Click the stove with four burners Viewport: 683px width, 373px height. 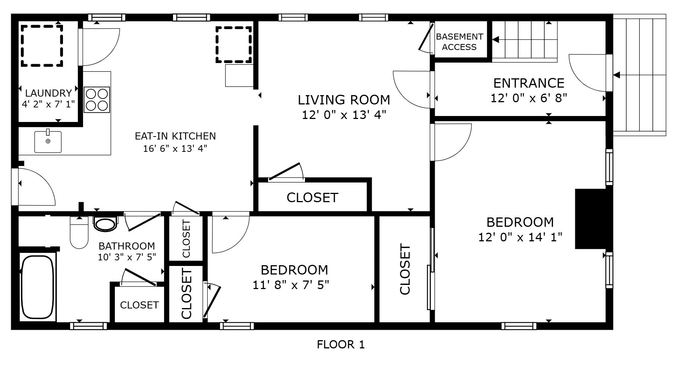click(97, 100)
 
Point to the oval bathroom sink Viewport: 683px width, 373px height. click(105, 224)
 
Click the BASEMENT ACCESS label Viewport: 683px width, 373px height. click(459, 42)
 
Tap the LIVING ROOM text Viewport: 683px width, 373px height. click(344, 100)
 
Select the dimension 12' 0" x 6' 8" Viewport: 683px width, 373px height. click(529, 98)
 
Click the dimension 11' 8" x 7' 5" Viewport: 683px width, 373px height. click(291, 285)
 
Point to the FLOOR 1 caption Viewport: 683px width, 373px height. click(341, 345)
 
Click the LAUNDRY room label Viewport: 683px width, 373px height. click(48, 93)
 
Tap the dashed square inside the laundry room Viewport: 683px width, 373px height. click(41, 46)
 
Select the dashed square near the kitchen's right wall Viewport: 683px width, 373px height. click(234, 44)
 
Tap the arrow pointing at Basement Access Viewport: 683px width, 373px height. click(496, 40)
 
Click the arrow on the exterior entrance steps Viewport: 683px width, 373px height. click(617, 75)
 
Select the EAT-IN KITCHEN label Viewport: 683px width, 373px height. click(175, 136)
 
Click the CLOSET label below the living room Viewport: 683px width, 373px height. click(312, 198)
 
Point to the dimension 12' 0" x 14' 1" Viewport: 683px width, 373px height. click(520, 237)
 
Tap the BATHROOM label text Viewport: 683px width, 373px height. click(127, 246)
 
